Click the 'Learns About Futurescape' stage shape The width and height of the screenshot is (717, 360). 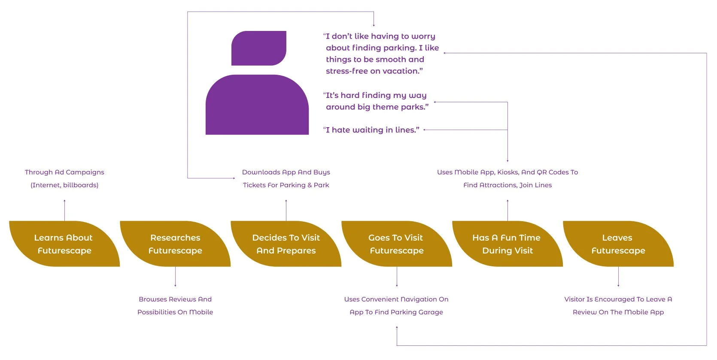64,244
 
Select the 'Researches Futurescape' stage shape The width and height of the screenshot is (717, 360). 175,244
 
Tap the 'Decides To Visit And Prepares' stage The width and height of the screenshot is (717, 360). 286,244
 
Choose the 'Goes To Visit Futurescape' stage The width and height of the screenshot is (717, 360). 396,244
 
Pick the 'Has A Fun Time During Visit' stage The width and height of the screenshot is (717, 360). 507,244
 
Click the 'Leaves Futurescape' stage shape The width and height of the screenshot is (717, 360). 618,244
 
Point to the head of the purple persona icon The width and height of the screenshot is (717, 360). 259,48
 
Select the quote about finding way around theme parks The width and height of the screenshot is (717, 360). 376,101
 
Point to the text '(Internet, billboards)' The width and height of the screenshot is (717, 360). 64,185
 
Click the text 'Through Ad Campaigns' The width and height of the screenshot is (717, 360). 64,172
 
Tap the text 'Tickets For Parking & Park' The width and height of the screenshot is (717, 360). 286,185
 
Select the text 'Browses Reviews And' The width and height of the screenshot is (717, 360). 175,299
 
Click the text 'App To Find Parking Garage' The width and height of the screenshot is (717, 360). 396,312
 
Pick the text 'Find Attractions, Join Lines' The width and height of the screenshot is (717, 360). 507,185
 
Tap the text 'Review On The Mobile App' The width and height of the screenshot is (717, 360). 618,312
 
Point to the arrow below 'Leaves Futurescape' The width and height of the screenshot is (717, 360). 618,277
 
